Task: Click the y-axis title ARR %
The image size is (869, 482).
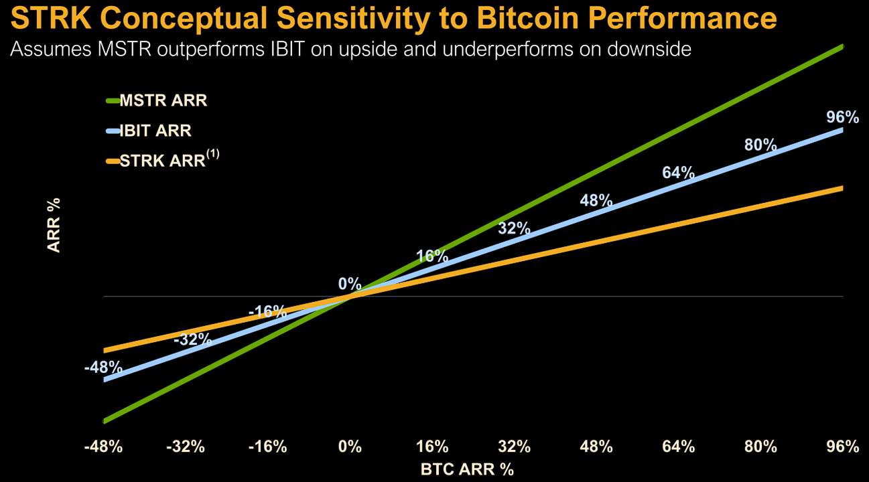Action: point(54,224)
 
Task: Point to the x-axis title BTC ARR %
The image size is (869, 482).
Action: point(467,469)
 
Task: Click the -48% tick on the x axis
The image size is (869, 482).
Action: point(104,447)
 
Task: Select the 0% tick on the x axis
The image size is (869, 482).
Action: point(350,447)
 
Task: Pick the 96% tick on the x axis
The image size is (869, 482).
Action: point(842,447)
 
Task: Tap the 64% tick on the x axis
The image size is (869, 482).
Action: point(678,447)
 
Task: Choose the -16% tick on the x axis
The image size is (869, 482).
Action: point(268,447)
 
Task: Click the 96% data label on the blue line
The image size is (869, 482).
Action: point(842,117)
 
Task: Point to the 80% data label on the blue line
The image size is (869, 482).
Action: point(760,145)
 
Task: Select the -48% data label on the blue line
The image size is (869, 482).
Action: point(104,367)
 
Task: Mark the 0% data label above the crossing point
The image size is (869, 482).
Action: point(349,283)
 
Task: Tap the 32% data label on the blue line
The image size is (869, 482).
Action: point(514,228)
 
